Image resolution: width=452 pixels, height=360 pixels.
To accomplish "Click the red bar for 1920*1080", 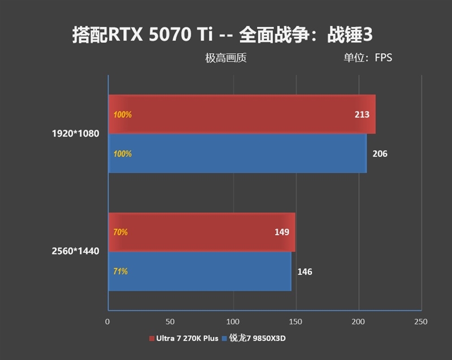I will point(242,114).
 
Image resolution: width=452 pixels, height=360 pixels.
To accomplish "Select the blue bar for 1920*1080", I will point(237,153).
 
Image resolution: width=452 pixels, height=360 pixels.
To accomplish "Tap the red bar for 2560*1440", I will point(202,232).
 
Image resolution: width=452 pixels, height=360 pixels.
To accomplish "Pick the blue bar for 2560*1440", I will point(200,271).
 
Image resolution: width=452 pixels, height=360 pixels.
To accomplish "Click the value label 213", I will point(362,115).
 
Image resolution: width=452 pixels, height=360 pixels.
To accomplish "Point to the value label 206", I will point(380,154).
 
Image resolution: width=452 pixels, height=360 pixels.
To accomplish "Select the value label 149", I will point(282,232).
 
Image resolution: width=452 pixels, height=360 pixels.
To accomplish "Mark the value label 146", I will point(305,272).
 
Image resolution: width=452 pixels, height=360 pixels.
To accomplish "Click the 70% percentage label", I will point(120,232).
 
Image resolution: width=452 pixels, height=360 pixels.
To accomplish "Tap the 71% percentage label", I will point(120,272).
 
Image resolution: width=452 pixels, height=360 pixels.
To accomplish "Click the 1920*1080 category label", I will point(75,135).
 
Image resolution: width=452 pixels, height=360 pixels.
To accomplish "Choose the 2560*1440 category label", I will point(75,251).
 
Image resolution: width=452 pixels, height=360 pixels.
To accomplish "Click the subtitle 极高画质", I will point(226,58).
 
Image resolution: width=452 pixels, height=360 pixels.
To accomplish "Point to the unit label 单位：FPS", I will point(367,58).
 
